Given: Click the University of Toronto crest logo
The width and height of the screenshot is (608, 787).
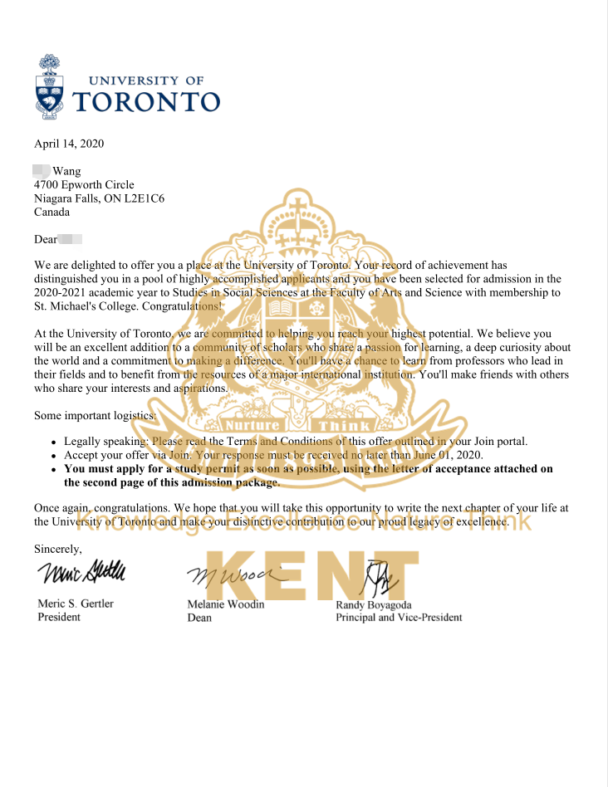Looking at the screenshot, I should tap(49, 86).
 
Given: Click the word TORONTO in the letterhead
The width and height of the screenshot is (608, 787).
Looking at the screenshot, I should tap(158, 101).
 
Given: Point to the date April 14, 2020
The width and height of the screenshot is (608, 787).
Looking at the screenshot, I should tap(69, 144).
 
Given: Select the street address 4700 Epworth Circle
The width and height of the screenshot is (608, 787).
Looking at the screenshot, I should tap(84, 184).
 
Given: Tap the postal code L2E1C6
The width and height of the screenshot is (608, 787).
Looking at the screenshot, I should tap(165, 198).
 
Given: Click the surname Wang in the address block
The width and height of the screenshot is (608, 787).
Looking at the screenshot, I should tap(66, 171).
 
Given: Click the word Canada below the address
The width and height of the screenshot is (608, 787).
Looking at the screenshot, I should tap(52, 212).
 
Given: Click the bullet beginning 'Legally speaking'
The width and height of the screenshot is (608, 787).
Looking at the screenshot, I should tap(54, 442).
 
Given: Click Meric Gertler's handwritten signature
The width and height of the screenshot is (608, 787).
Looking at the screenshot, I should tap(81, 573).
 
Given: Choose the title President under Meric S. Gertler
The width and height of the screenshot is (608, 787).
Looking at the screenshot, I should tap(59, 617).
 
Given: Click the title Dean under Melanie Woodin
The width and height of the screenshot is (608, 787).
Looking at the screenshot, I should tap(199, 618).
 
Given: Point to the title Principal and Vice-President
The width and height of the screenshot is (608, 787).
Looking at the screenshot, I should tap(399, 618).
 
